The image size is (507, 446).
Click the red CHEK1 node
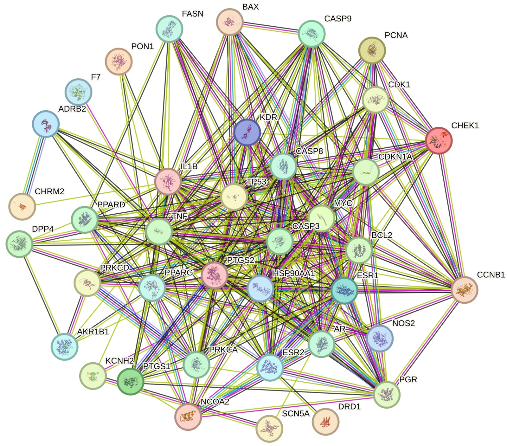(438, 141)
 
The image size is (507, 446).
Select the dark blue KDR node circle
(247, 133)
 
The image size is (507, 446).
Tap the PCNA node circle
(372, 50)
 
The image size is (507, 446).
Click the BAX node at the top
(230, 22)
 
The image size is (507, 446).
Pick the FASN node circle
(170, 29)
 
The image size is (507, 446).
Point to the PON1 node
(119, 61)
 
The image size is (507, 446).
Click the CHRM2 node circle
(22, 206)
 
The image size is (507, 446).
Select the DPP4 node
(19, 244)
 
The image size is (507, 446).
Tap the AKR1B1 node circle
(65, 346)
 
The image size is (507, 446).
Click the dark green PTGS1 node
(130, 381)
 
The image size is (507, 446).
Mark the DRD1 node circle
(325, 422)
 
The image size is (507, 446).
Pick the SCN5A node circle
(269, 429)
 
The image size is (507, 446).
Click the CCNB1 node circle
(464, 290)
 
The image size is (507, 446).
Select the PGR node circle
(387, 395)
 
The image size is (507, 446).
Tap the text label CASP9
(337, 19)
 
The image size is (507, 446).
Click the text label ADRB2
(72, 109)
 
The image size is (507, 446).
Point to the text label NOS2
(403, 323)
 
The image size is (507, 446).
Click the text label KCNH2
(119, 361)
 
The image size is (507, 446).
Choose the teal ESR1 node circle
(344, 291)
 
